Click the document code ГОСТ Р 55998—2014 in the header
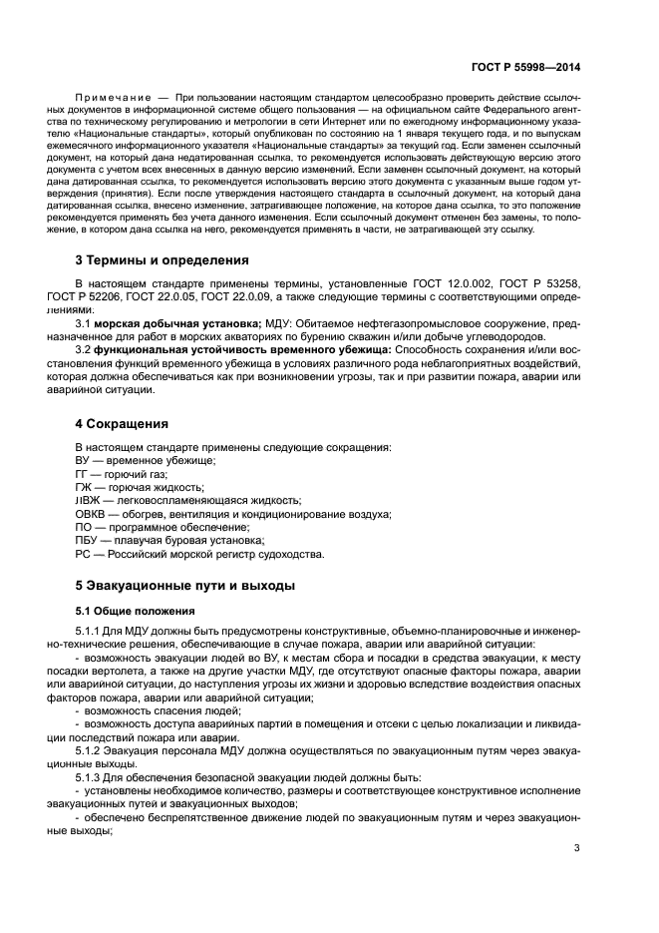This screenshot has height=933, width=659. [x=526, y=67]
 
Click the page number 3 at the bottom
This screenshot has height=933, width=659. [x=577, y=877]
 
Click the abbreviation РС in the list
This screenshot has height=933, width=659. [x=82, y=554]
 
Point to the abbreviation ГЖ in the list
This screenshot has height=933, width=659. [x=83, y=486]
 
